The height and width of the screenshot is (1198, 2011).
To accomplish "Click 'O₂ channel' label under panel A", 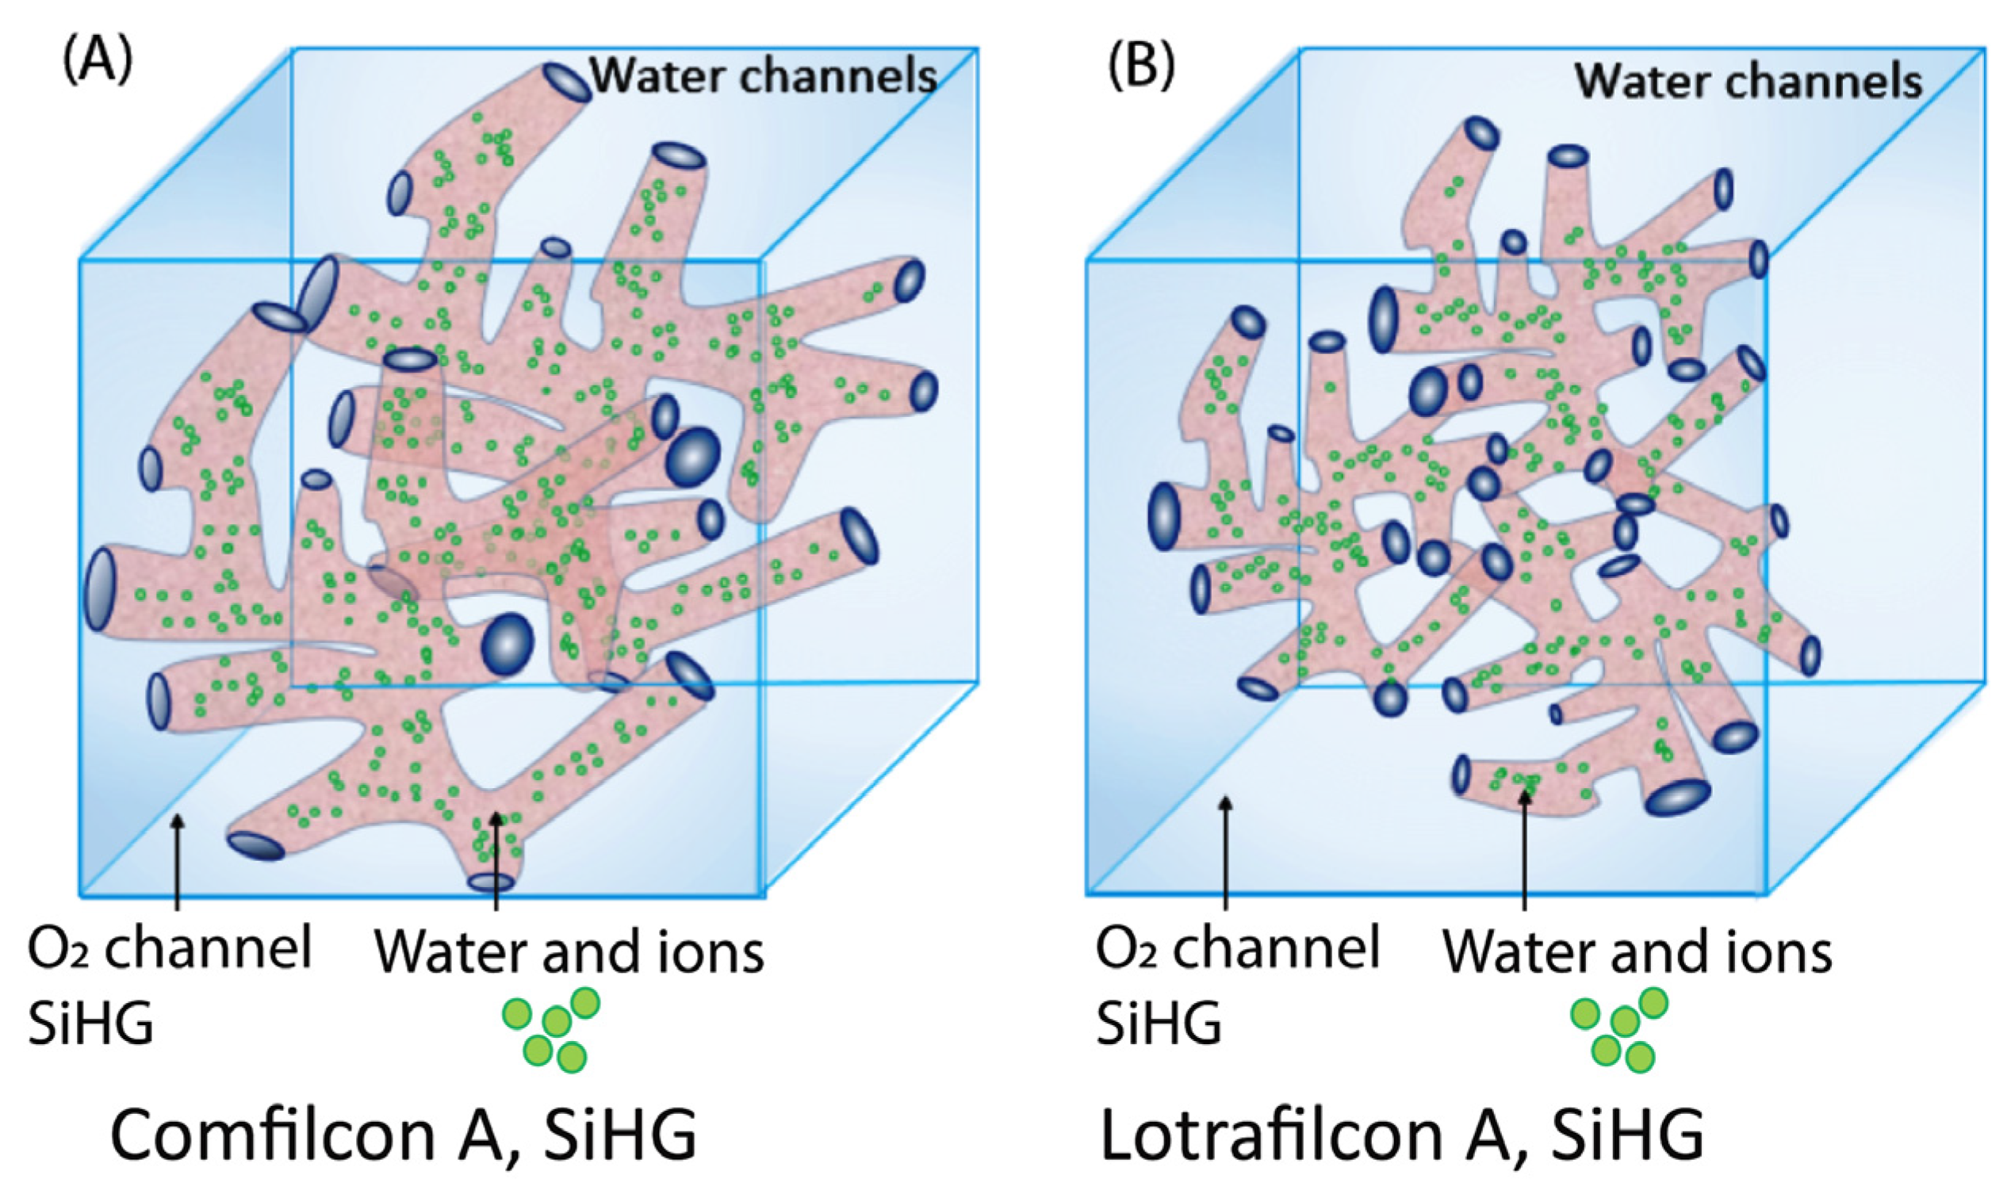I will click(x=170, y=948).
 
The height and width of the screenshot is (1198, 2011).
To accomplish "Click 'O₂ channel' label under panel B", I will click(x=1238, y=948).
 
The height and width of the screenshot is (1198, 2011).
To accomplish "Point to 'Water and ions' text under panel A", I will click(x=569, y=952).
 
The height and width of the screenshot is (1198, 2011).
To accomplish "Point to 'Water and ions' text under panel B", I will click(x=1638, y=952).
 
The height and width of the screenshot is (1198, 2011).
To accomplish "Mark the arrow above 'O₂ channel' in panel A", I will click(x=178, y=859).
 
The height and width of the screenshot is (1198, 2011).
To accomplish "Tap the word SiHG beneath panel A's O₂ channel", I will click(x=90, y=1024).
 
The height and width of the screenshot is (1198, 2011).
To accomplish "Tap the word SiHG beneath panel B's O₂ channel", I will click(x=1159, y=1024).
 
